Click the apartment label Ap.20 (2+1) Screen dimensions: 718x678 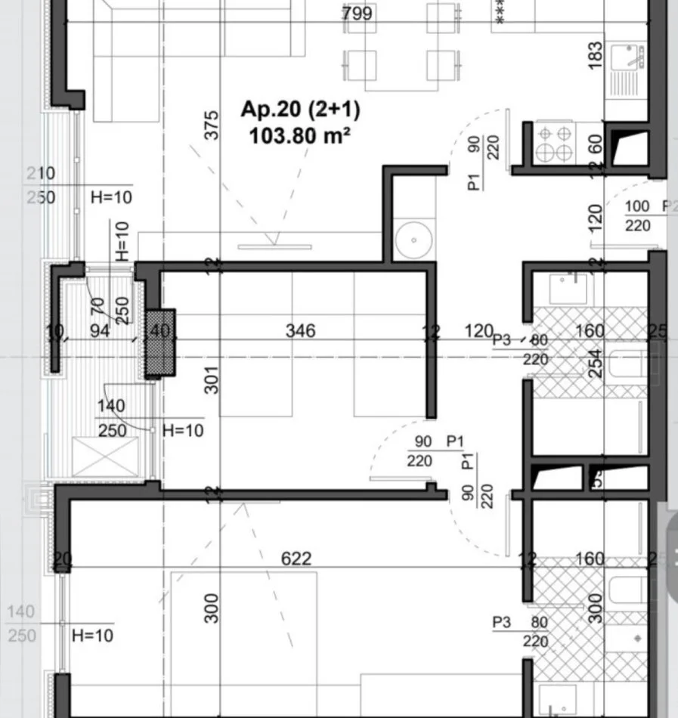pos(300,110)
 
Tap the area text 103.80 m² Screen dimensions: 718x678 pos(300,136)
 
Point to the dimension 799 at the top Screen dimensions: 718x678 pos(357,14)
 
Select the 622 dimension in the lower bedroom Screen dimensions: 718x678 pos(296,559)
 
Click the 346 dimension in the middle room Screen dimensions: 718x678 pos(300,330)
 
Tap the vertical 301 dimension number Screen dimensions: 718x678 pos(212,379)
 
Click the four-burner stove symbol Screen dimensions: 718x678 pos(555,143)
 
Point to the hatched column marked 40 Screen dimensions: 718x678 pos(159,342)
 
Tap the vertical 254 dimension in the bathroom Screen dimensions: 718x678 pos(596,363)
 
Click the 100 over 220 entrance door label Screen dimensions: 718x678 pos(638,215)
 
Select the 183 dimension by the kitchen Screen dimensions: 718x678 pos(595,57)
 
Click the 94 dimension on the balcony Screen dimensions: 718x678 pos(99,330)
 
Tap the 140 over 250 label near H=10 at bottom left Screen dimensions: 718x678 pos(22,624)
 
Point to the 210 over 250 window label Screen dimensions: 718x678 pos(41,185)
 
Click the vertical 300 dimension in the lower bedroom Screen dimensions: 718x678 pos(212,608)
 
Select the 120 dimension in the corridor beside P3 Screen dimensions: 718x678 pos(478,330)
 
